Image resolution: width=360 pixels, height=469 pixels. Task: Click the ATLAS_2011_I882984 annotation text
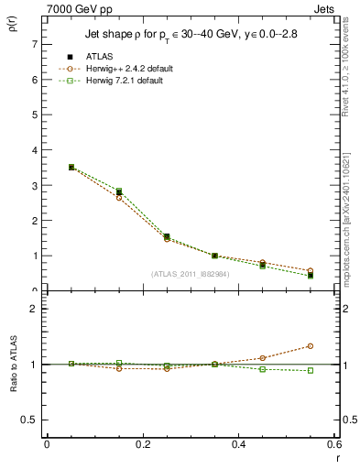click(189, 273)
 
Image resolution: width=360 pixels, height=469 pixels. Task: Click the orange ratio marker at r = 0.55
click(311, 346)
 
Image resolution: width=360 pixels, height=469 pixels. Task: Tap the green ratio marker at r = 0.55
click(311, 371)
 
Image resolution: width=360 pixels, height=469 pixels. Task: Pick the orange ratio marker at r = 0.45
click(262, 358)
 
